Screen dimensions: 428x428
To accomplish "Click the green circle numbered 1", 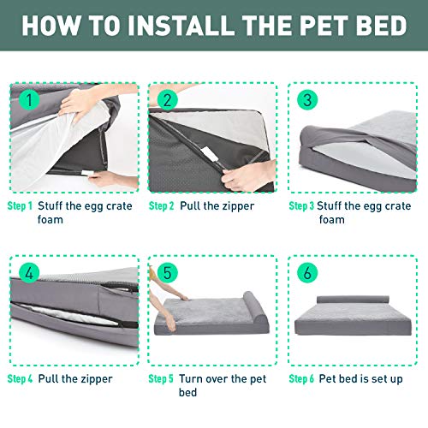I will [30, 99].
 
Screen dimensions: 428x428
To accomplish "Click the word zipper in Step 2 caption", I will [238, 206].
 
